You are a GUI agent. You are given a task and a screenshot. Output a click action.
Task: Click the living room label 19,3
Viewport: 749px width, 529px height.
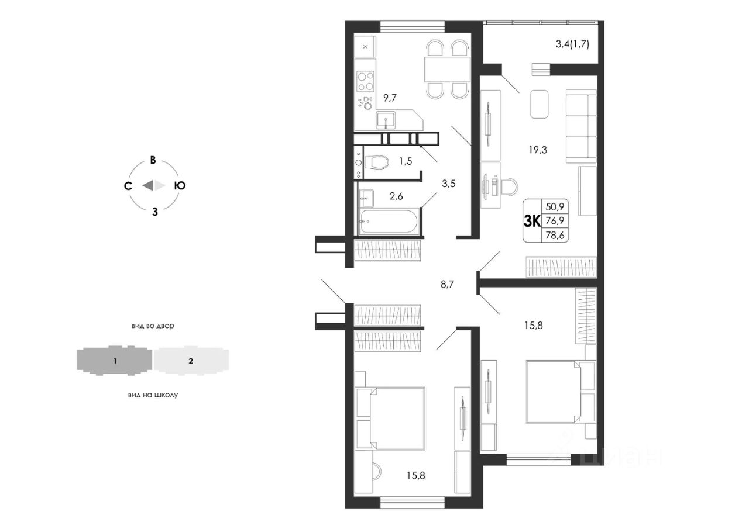[x=538, y=150]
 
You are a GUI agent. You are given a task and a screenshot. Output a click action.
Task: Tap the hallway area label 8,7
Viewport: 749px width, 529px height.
[x=447, y=285]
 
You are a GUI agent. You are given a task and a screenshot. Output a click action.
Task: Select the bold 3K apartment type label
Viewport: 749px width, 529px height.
[x=532, y=221]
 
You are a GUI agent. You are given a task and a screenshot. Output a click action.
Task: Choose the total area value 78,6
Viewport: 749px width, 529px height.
[x=555, y=236]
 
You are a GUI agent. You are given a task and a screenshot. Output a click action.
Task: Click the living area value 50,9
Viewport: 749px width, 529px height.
[x=555, y=207]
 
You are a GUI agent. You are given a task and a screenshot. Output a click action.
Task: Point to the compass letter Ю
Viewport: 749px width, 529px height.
[x=180, y=186]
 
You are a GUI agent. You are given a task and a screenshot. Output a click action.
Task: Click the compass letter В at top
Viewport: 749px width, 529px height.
[x=153, y=160]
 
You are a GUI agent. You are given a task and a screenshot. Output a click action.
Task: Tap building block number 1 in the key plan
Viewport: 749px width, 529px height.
[x=115, y=361]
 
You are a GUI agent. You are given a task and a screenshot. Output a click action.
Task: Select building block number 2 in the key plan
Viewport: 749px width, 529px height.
[x=191, y=361]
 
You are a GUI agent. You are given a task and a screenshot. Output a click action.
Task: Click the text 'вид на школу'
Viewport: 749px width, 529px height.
[x=153, y=395]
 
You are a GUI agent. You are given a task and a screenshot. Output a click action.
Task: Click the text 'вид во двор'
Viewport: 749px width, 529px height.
[x=153, y=326]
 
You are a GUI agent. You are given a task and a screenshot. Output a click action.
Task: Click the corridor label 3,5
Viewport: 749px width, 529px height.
[x=448, y=184]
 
